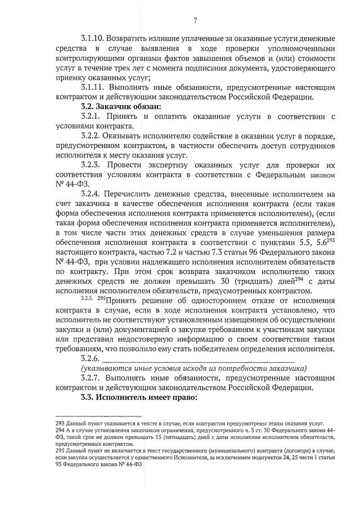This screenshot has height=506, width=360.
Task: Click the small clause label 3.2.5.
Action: [x=88, y=299]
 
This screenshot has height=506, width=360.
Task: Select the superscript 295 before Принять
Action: [x=102, y=298]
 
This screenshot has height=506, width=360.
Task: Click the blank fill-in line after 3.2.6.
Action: [x=197, y=359]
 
